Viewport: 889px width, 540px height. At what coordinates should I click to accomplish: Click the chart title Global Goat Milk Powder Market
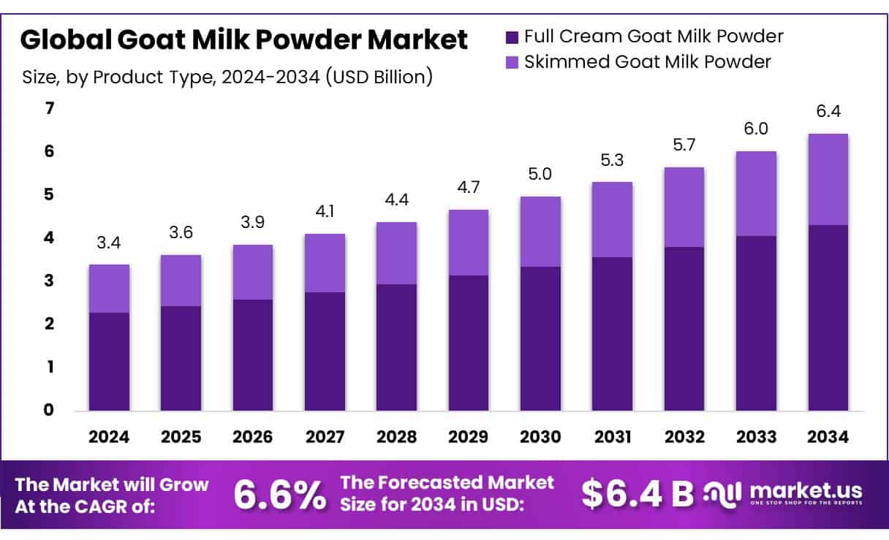(x=243, y=40)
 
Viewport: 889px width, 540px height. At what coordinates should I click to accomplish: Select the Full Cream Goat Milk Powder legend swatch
(x=512, y=36)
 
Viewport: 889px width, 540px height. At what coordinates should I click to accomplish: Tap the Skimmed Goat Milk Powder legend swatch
(x=512, y=62)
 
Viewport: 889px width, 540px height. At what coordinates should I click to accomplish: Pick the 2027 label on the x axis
(x=325, y=437)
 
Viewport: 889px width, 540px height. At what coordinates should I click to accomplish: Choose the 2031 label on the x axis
(x=612, y=437)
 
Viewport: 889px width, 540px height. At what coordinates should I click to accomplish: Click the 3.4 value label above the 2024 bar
(x=109, y=241)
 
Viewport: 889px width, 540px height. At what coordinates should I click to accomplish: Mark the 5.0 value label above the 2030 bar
(x=540, y=174)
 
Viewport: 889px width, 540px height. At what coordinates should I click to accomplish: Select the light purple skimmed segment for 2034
(x=828, y=179)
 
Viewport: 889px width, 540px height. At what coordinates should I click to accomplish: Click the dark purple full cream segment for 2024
(x=109, y=361)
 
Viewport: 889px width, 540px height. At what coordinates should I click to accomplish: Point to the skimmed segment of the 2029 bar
(x=469, y=243)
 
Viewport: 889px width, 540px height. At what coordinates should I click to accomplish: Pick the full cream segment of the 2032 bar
(x=684, y=328)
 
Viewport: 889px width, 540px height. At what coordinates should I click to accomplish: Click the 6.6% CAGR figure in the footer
(x=280, y=495)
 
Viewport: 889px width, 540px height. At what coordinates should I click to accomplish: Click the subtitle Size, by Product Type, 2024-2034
(x=227, y=77)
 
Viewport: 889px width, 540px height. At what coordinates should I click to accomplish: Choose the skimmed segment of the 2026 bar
(x=253, y=272)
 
